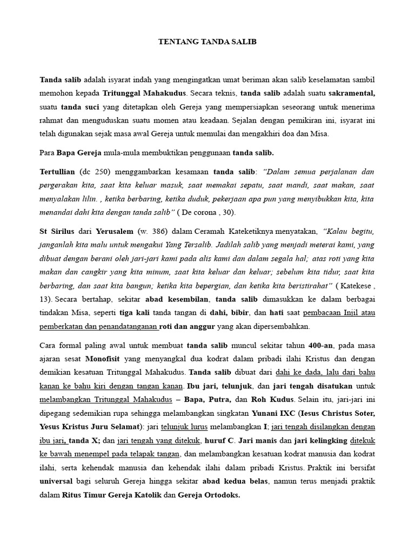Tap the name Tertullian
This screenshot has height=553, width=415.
point(59,171)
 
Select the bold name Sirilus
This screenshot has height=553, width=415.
point(68,232)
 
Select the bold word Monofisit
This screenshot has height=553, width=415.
point(104,359)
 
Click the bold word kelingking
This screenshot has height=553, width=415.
point(329,441)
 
